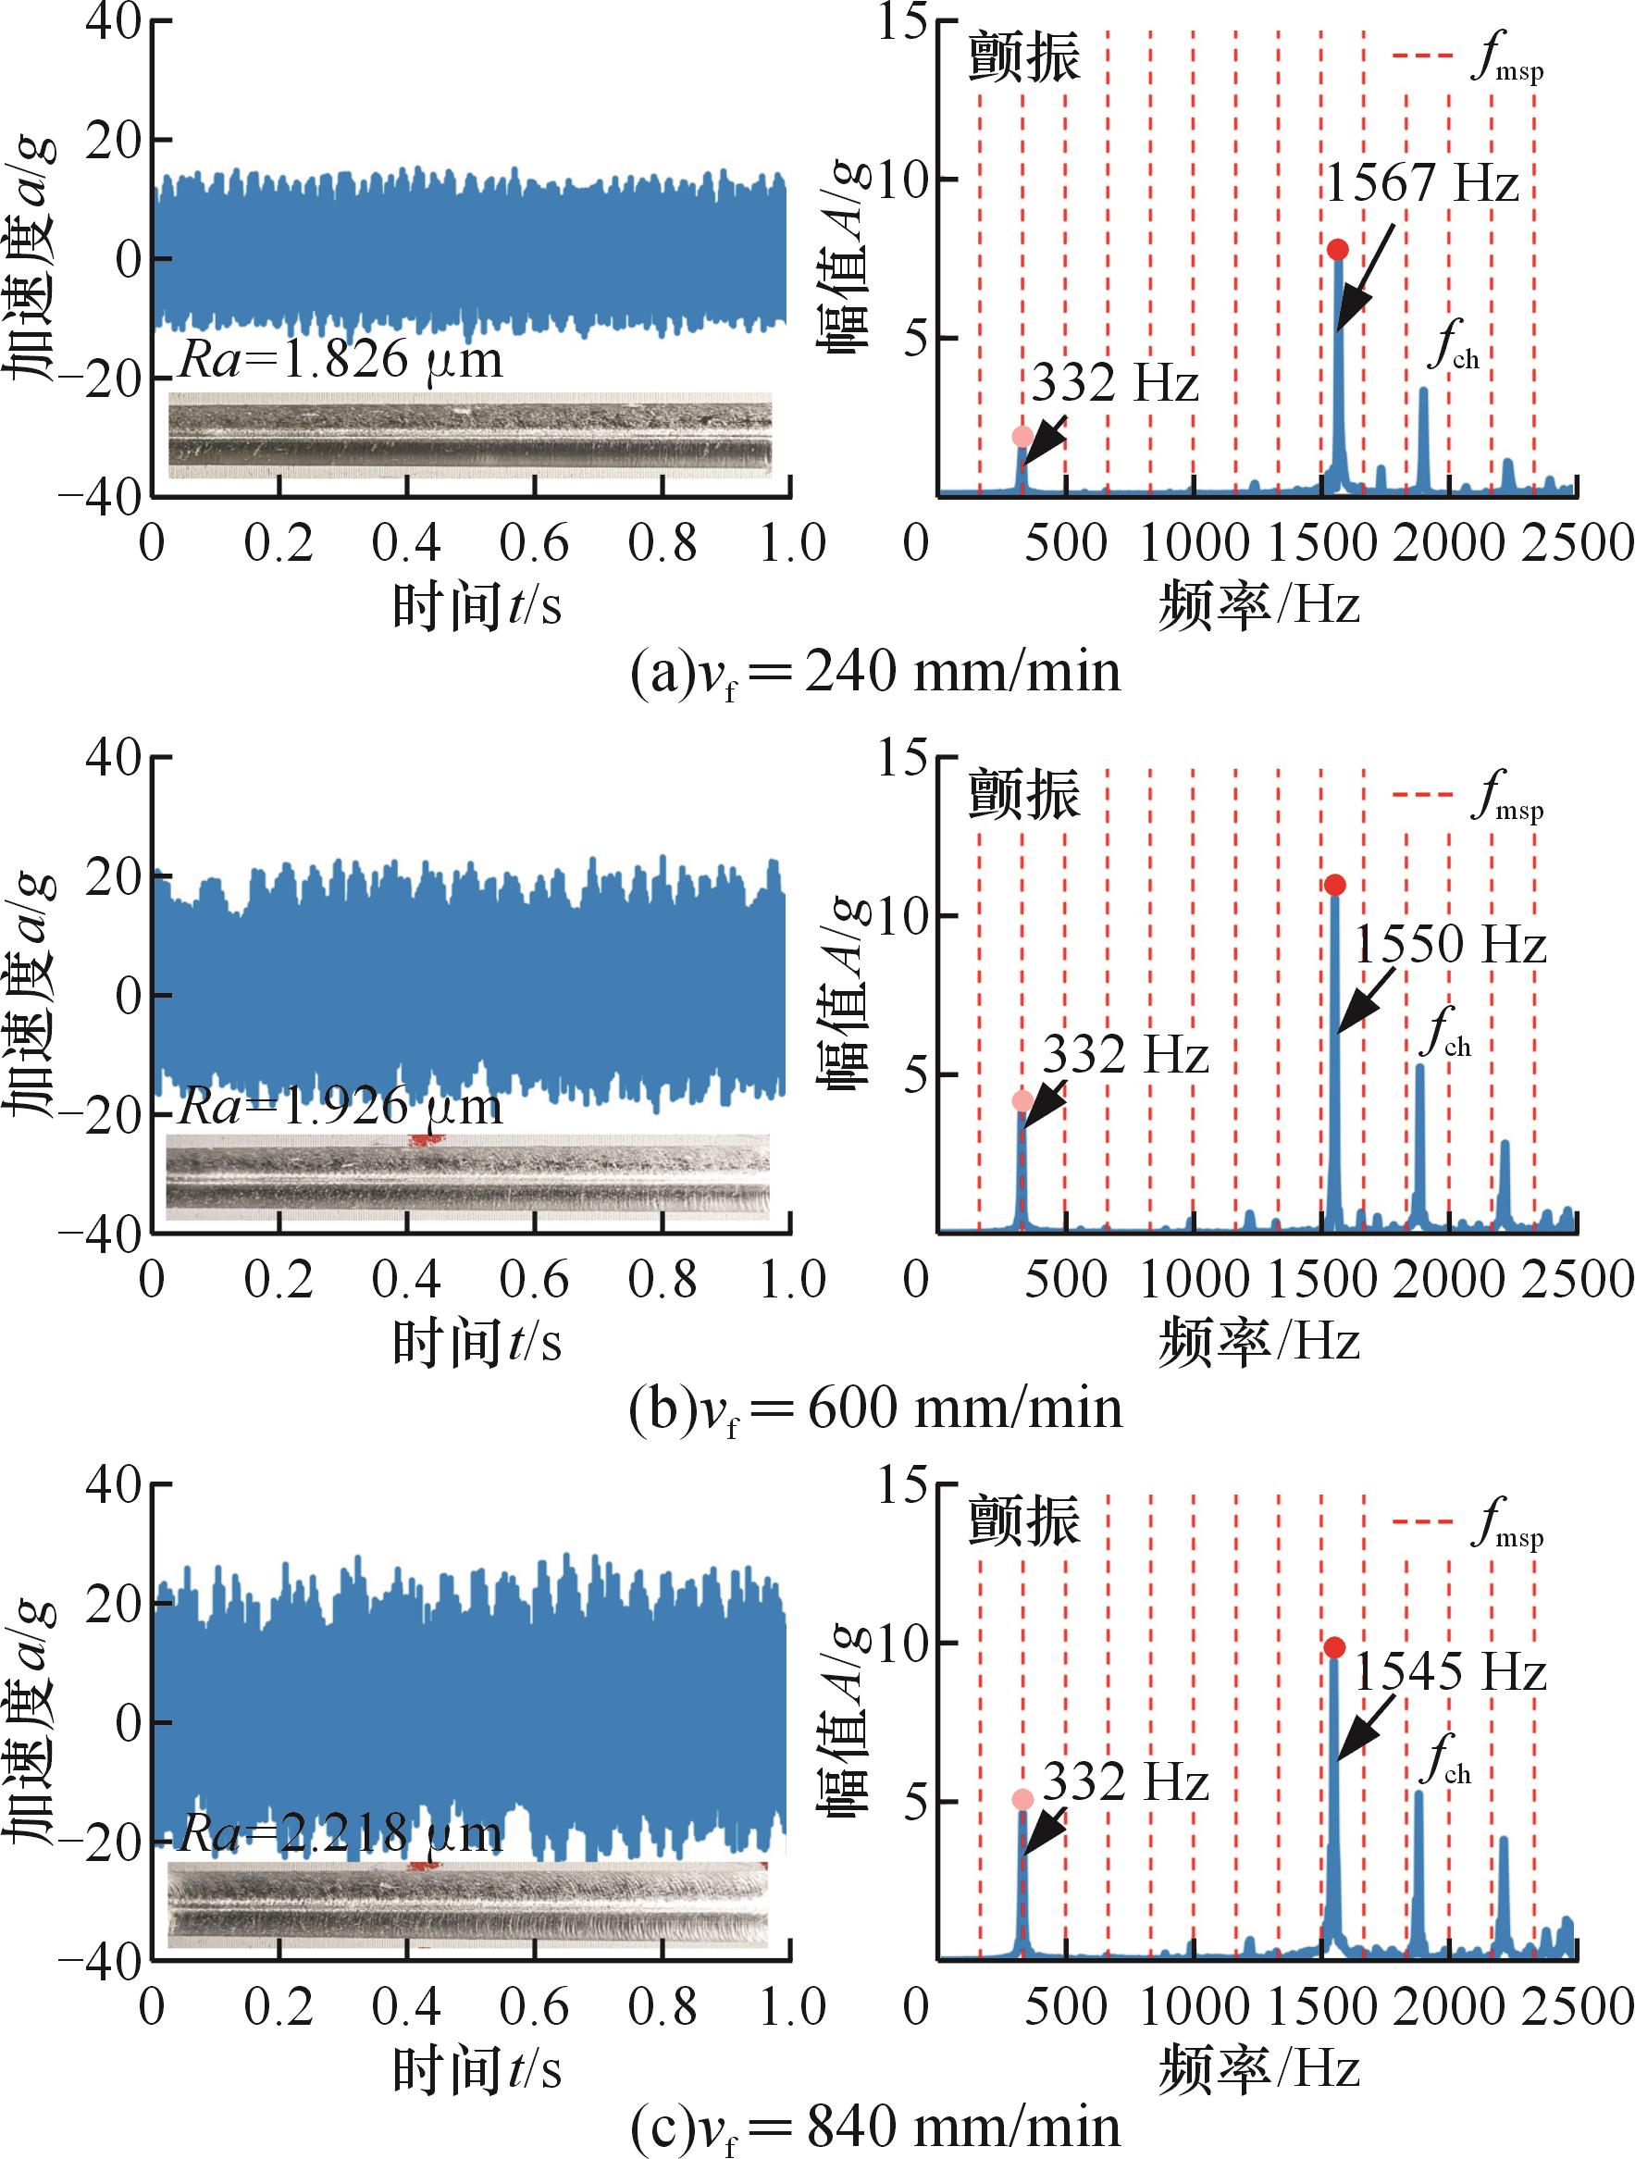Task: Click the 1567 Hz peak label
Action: pos(1422,183)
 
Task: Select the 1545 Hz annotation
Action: pos(1450,1672)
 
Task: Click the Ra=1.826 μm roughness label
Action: pos(341,359)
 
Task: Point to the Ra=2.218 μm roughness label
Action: pos(341,1834)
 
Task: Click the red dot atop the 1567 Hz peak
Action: pos(1337,250)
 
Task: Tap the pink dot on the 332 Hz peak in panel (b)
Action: pos(1022,1102)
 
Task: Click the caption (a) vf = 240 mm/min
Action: pos(875,674)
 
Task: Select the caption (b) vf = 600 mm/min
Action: pos(875,1409)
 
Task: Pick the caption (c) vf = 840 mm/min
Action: pos(875,2128)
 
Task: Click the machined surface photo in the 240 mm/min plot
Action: pos(469,435)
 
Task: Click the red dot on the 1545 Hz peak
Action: pos(1334,1648)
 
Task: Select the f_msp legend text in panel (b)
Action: pos(1506,797)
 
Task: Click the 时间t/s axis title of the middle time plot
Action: pos(477,1343)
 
